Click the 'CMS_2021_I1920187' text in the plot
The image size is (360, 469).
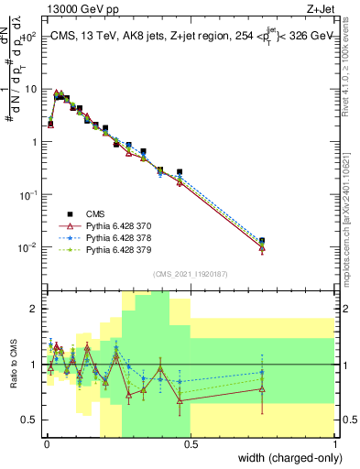point(190,274)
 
